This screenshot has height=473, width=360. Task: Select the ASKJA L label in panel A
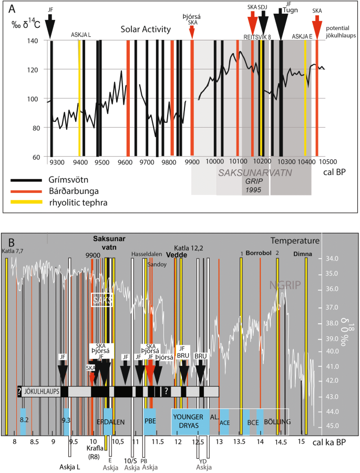(81, 35)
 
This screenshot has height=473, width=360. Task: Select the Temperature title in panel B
(296, 241)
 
